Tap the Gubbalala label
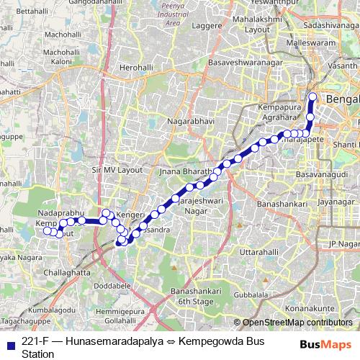270,294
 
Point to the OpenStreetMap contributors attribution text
297,323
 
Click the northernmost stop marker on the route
312,96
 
